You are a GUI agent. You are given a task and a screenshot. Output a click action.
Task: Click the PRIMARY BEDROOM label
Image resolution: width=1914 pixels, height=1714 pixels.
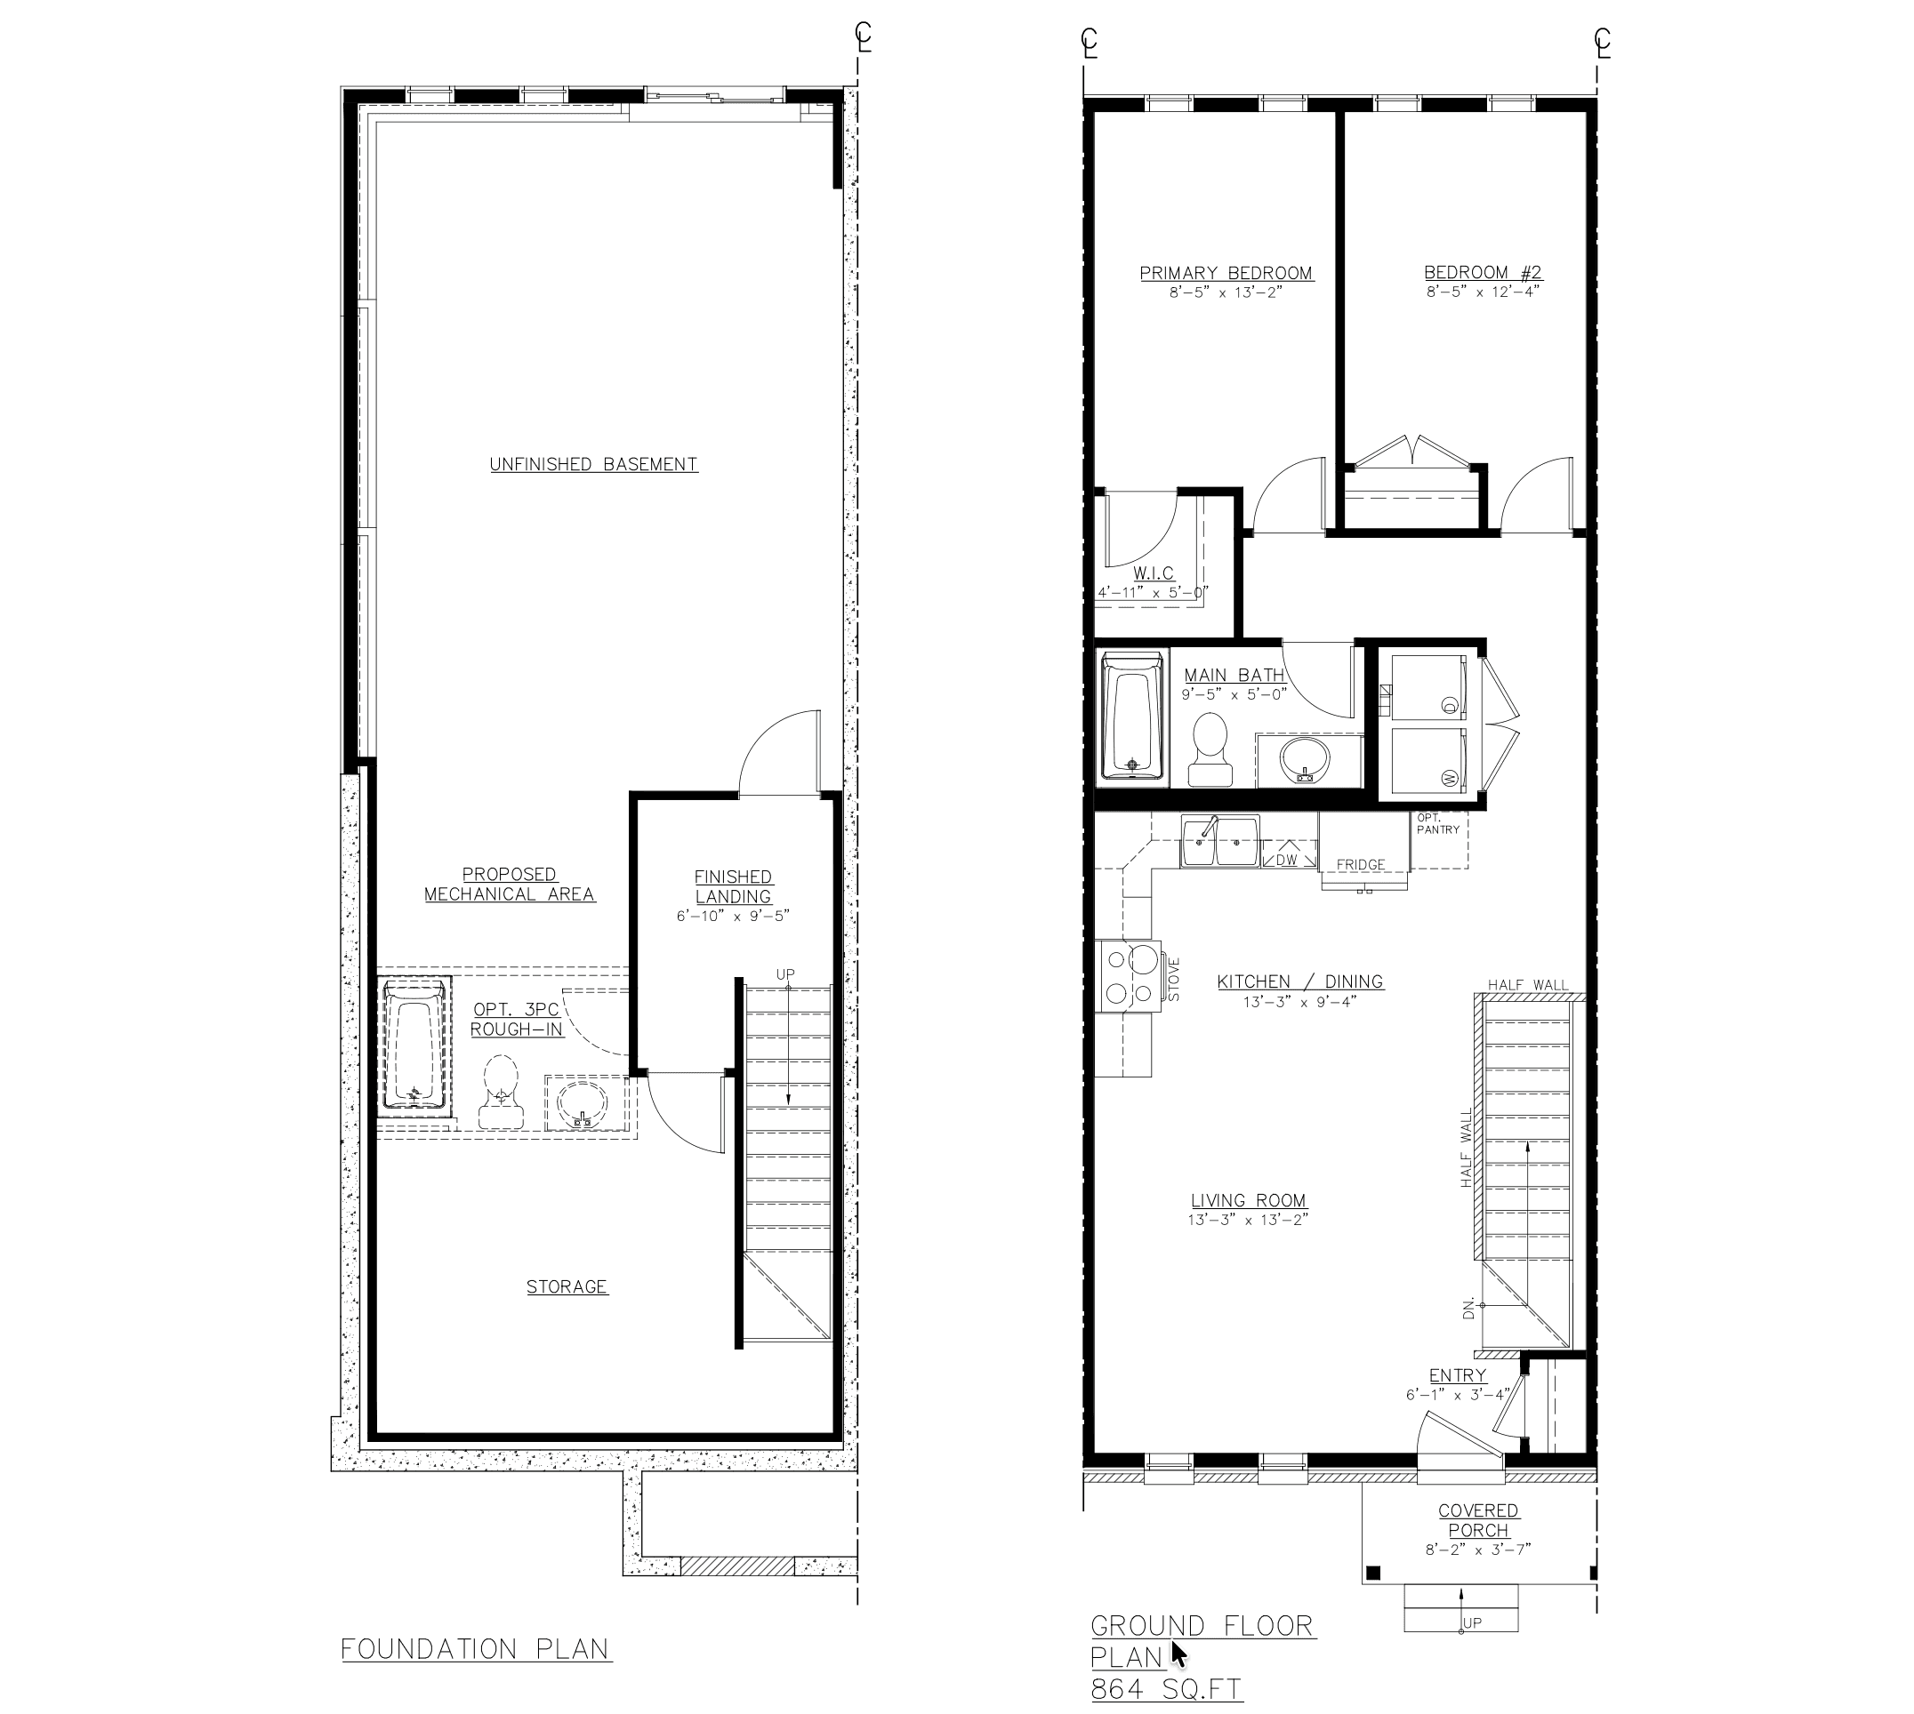coord(1226,273)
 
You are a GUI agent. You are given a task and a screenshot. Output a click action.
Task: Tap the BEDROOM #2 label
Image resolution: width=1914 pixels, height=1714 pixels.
coord(1483,273)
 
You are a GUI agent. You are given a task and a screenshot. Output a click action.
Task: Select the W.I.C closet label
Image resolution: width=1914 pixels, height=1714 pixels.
coord(1153,573)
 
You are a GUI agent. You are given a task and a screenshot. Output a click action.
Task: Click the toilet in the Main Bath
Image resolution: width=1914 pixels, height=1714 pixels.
coord(1210,749)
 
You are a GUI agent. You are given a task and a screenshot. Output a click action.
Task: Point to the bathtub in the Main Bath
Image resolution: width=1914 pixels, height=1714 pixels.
coord(1133,716)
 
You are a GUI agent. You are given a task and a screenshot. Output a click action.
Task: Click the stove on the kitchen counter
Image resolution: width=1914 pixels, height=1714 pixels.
coord(1130,975)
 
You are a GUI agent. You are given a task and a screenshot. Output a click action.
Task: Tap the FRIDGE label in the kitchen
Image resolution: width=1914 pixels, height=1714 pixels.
coord(1360,864)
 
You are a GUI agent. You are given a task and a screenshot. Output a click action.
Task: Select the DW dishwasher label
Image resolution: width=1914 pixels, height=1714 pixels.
coord(1287,860)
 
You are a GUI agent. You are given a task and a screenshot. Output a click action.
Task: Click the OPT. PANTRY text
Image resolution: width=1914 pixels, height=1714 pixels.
coord(1437,824)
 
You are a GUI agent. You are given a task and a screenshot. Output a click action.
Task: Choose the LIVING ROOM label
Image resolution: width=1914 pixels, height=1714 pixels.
coord(1248,1201)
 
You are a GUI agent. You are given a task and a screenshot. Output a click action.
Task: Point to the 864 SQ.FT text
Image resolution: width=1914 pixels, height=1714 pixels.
coord(1166,1689)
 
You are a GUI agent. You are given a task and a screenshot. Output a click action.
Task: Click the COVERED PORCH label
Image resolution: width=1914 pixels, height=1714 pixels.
coord(1478,1521)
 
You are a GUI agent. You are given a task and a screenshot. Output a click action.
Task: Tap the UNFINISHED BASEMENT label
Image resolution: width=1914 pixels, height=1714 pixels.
coord(593,464)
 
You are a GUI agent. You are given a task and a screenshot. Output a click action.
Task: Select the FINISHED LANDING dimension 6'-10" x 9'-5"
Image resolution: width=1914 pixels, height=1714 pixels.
coord(732,916)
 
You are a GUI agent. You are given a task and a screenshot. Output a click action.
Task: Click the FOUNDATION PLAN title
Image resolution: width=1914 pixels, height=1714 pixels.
coord(476,1649)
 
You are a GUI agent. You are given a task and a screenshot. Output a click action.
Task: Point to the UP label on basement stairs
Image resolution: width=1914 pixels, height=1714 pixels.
coord(784,973)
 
